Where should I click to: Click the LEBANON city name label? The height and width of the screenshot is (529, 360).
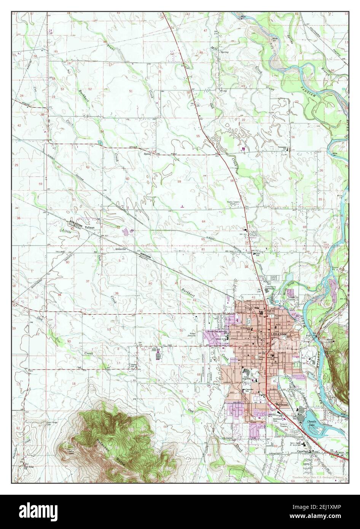click(x=278, y=334)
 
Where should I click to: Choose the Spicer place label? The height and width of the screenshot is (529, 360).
click(x=148, y=154)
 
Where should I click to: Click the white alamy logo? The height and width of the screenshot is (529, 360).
click(x=35, y=511)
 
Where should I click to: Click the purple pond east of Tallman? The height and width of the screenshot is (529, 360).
click(x=132, y=231)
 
